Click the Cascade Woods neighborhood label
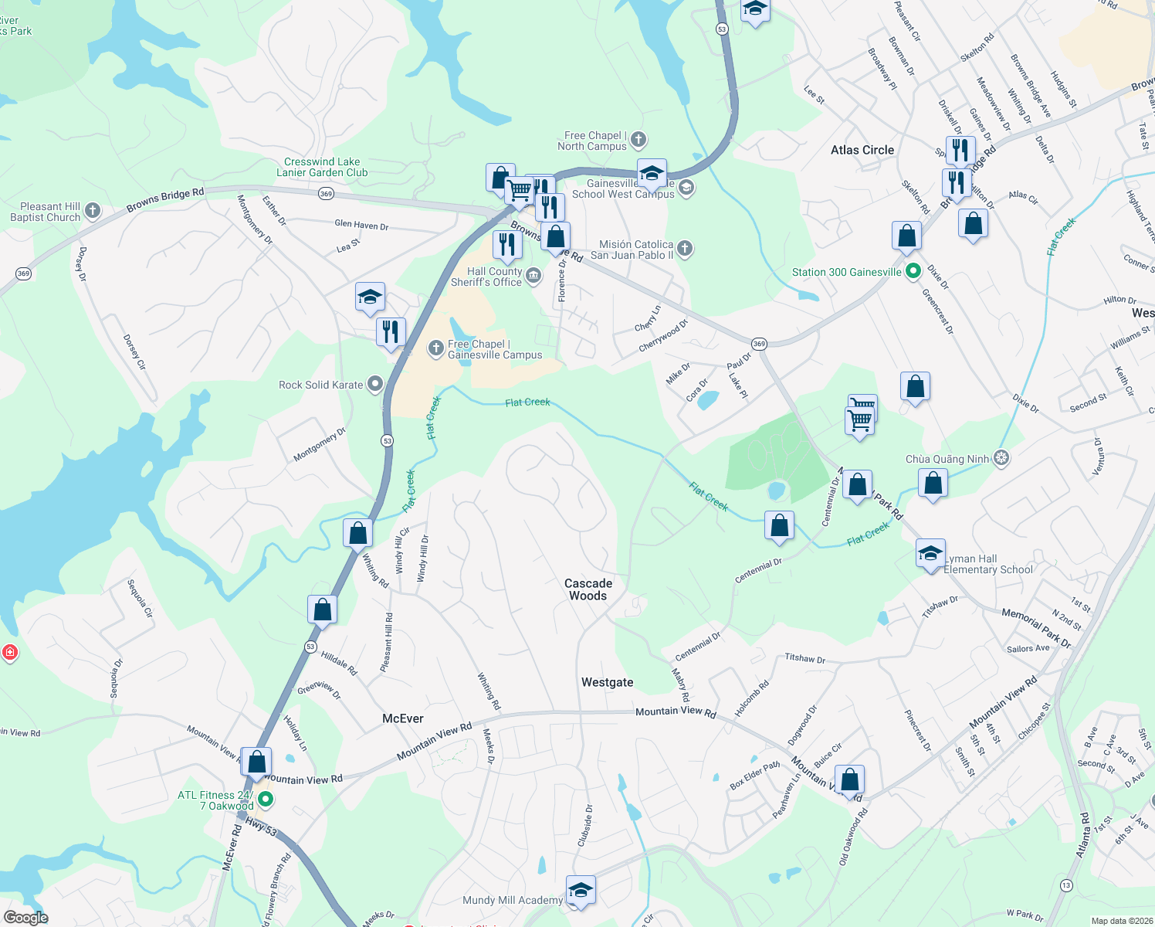point(588,589)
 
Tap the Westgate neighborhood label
point(607,682)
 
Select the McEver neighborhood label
point(403,718)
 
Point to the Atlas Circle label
point(862,150)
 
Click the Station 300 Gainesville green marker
point(913,271)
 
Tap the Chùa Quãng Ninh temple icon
point(1001,458)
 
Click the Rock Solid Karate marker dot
point(375,384)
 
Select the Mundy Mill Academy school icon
point(581,891)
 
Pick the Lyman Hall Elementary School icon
point(930,554)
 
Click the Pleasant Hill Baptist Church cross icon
point(93,210)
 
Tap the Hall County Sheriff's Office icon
point(533,275)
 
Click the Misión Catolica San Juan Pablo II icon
point(685,249)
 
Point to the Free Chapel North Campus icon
point(638,140)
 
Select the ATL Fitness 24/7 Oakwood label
point(215,800)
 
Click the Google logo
point(25,918)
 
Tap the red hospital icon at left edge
point(9,653)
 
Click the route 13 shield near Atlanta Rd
point(1066,885)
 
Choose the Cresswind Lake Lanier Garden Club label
point(322,167)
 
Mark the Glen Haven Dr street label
point(361,225)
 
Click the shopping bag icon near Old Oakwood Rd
point(849,781)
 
